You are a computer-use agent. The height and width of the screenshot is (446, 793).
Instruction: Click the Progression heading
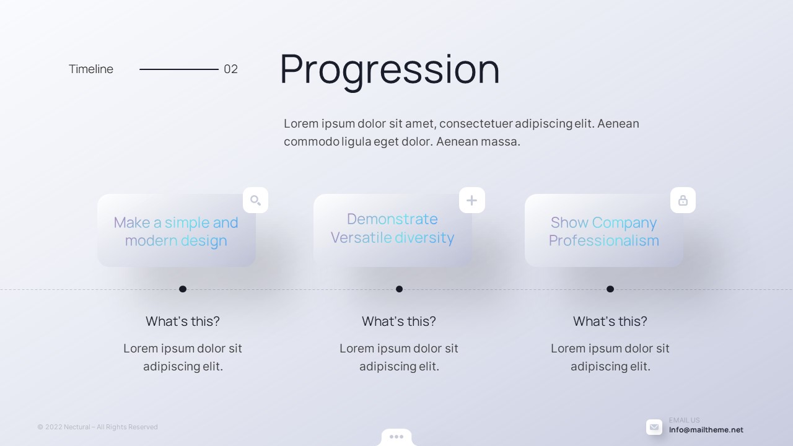[390, 69]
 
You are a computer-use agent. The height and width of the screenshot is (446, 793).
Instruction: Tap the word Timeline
[91, 69]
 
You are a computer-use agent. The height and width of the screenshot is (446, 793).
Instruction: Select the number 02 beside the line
[231, 69]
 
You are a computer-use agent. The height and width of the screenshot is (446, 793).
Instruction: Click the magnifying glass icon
[256, 200]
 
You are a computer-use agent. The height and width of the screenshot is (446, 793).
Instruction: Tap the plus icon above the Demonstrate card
[471, 201]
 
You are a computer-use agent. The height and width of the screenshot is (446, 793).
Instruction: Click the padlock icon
[683, 200]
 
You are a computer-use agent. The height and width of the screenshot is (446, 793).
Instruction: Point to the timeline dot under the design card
[183, 289]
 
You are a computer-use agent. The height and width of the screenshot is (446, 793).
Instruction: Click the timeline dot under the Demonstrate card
[400, 289]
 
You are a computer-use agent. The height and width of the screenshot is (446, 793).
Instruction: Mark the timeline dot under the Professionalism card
[610, 289]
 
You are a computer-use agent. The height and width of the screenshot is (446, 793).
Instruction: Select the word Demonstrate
[392, 219]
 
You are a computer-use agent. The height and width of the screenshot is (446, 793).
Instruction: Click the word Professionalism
[604, 241]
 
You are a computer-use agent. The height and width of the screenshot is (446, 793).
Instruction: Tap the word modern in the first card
[151, 241]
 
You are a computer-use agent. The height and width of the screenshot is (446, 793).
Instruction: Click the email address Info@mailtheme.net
[706, 430]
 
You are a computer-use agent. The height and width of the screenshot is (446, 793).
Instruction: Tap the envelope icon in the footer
[654, 427]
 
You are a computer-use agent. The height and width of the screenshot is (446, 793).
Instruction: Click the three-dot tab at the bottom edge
[396, 437]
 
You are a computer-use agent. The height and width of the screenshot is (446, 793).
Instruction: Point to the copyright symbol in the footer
[40, 427]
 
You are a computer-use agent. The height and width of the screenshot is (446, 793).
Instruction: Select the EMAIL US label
[685, 420]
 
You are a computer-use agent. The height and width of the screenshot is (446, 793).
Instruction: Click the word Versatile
[361, 237]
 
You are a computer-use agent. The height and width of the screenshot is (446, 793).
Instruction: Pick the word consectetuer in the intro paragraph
[476, 123]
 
